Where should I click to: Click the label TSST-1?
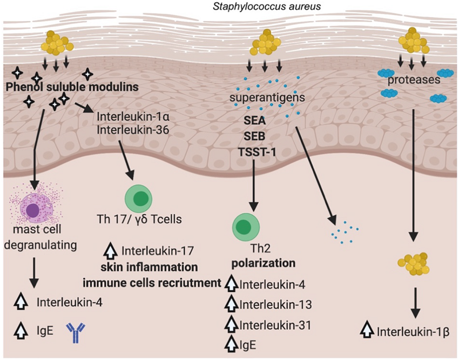[253, 151]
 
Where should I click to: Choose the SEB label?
[253, 136]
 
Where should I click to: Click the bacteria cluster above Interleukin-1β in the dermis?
[413, 264]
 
